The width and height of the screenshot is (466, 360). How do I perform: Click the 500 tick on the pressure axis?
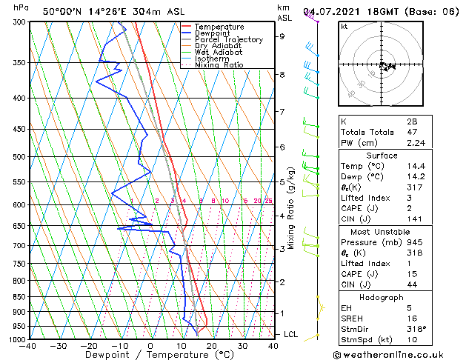pos(19,157)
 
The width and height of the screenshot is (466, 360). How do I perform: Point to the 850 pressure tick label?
pos(19,296)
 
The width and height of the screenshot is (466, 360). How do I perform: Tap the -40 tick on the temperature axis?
pos(29,346)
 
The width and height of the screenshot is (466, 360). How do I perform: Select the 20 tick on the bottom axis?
pos(212,346)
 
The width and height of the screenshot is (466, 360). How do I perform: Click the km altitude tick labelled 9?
pos(282,36)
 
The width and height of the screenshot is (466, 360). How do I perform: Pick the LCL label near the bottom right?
pos(291,335)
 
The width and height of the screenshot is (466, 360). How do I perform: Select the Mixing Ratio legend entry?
pos(219,65)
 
